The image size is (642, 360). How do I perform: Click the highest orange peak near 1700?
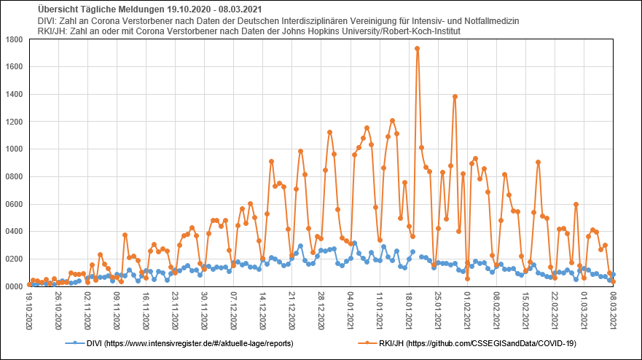(x=417, y=49)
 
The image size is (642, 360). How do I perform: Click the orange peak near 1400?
(x=455, y=96)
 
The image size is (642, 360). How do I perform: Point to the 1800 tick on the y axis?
(x=15, y=39)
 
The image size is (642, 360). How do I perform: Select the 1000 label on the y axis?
(x=15, y=149)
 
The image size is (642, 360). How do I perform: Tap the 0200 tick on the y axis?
(x=15, y=259)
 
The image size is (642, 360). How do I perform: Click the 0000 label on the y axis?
(x=15, y=286)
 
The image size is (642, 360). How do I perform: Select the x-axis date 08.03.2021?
(x=614, y=310)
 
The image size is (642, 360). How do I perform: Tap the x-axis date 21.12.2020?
(x=292, y=310)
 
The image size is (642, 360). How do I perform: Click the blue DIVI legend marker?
(x=71, y=343)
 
